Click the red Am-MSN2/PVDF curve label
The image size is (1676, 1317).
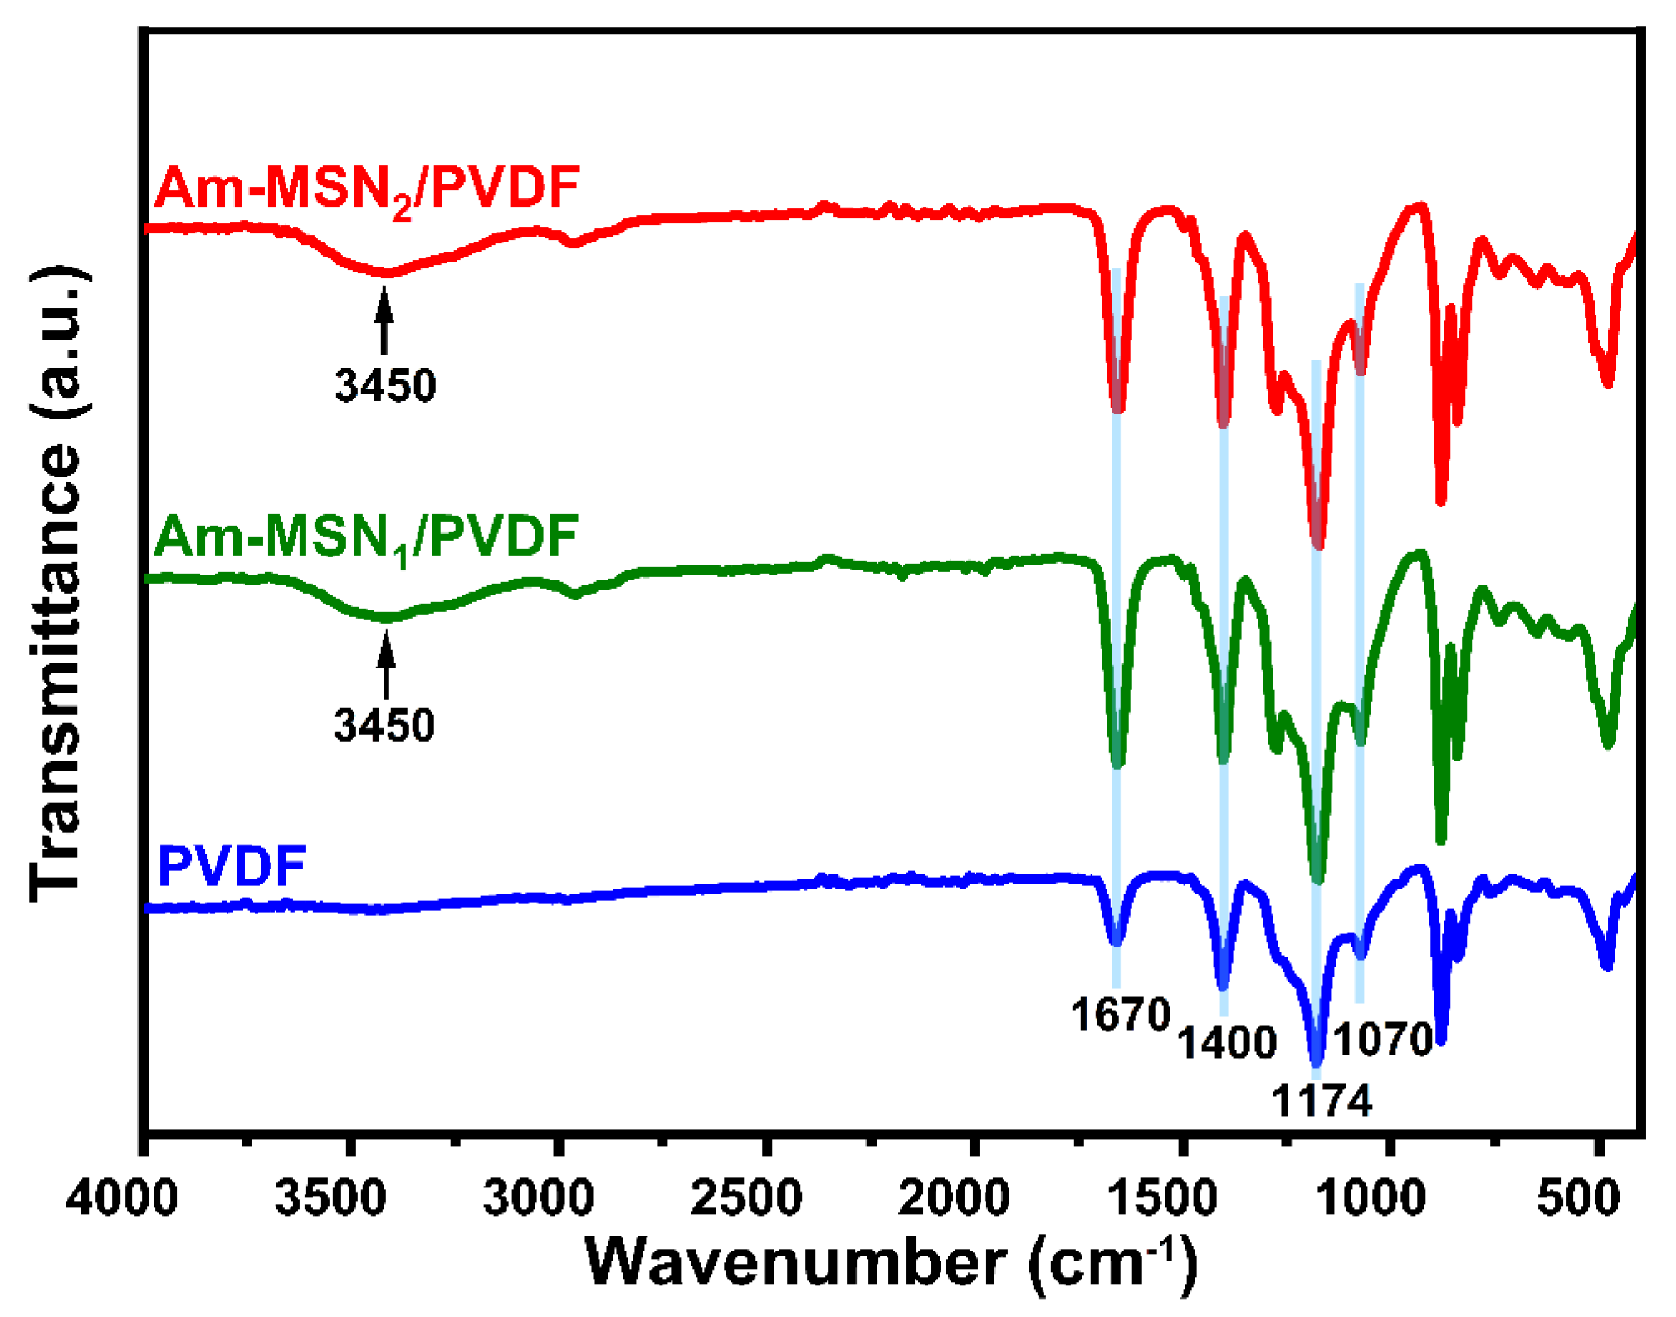366,189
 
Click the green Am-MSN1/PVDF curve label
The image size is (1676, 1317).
366,537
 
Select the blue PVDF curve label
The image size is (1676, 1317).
232,867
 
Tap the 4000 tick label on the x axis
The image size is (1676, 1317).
121,1198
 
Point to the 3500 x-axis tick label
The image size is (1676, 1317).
330,1198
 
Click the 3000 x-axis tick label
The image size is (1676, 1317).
539,1198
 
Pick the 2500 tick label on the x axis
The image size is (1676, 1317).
746,1198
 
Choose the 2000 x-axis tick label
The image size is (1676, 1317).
955,1198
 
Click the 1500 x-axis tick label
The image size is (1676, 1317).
1163,1198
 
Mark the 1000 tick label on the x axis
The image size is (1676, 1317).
1371,1198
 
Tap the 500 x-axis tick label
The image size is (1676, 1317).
1578,1198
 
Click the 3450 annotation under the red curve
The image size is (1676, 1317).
385,386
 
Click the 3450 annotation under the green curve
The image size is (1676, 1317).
384,726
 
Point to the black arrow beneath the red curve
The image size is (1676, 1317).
384,321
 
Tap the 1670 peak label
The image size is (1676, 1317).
1120,1015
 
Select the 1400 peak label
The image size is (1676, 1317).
1226,1043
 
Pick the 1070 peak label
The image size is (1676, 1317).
1384,1040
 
